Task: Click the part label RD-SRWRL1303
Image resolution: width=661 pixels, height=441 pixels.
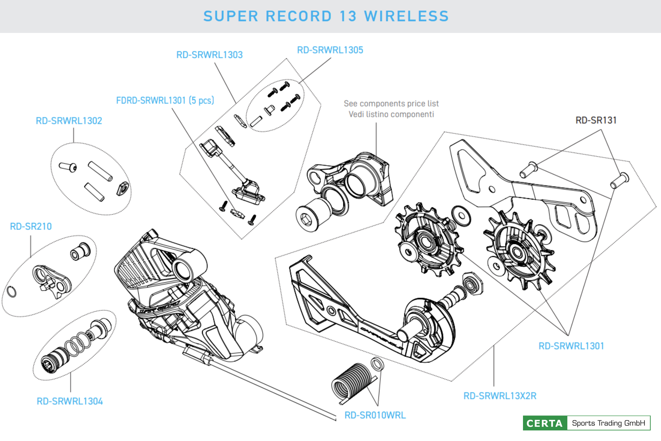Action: pyautogui.click(x=209, y=55)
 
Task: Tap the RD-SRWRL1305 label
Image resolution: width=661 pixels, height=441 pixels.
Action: pyautogui.click(x=330, y=50)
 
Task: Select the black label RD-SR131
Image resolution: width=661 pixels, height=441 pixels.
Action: pyautogui.click(x=596, y=120)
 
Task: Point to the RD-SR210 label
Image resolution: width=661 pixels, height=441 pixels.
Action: pyautogui.click(x=31, y=226)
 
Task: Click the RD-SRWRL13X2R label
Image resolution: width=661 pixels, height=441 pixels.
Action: pyautogui.click(x=500, y=396)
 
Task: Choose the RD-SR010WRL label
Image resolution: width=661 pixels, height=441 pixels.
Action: pyautogui.click(x=375, y=415)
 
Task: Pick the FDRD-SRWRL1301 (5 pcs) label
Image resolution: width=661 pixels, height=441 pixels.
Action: pyautogui.click(x=165, y=101)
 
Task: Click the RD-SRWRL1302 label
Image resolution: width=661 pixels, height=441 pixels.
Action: pyautogui.click(x=69, y=121)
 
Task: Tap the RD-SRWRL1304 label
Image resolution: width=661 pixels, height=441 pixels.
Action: pyautogui.click(x=70, y=401)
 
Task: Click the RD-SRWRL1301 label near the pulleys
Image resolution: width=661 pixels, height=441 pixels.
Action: pyautogui.click(x=571, y=346)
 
